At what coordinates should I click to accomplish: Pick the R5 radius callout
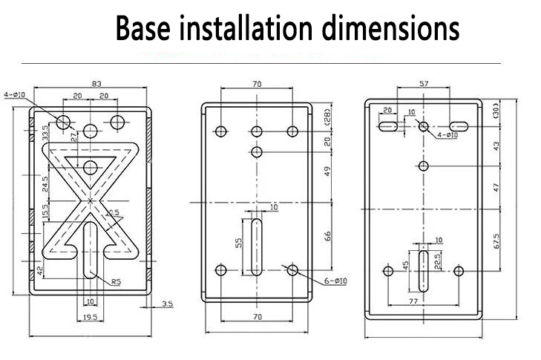click(x=117, y=281)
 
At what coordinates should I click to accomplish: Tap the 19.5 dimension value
click(x=89, y=317)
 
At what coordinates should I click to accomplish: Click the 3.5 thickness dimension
click(x=168, y=304)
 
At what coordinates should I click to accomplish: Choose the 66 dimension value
click(x=327, y=237)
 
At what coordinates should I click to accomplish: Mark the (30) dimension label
click(x=495, y=112)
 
